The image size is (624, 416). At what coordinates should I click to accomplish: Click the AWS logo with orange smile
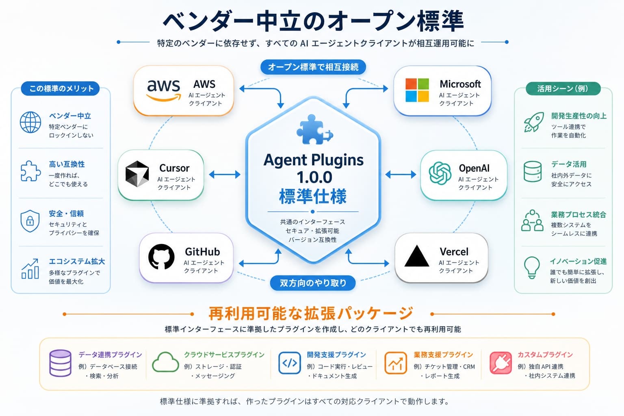point(164,91)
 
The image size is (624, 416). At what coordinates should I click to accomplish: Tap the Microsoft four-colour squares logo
point(417,90)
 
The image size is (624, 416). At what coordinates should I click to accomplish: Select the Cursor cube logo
point(137,173)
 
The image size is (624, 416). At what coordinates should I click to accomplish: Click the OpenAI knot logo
point(440,173)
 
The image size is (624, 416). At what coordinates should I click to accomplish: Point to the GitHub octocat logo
point(161,257)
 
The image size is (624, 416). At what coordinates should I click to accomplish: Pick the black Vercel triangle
point(416,256)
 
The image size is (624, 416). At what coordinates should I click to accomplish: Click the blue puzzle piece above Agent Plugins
point(314,130)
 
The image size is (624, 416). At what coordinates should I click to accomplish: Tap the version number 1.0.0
point(314,177)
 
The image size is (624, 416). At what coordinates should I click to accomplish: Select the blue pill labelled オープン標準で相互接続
point(313,67)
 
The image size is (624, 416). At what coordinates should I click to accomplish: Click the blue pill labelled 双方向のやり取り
point(313,283)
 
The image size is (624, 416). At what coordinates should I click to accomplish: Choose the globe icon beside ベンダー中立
point(30,122)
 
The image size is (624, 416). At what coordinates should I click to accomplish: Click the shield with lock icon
point(30,221)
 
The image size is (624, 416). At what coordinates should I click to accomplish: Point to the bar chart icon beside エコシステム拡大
point(30,269)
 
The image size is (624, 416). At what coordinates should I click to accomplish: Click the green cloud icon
point(165,362)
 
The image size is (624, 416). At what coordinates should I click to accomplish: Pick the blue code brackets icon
point(289,363)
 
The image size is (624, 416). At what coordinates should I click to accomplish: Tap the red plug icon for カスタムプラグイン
point(500,363)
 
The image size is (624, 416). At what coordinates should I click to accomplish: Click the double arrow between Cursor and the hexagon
point(225,174)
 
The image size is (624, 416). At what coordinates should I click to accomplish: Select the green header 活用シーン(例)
point(563,89)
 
